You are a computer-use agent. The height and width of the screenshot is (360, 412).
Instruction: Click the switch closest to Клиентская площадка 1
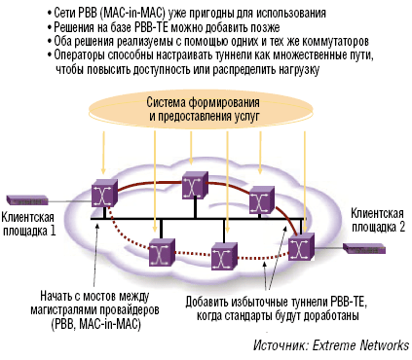tap(102, 195)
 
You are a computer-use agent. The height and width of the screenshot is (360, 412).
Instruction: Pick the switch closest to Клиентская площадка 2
tap(301, 248)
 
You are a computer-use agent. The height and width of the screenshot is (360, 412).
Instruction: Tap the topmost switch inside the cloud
tap(194, 184)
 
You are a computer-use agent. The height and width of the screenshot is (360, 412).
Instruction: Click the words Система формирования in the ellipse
tap(206, 102)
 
